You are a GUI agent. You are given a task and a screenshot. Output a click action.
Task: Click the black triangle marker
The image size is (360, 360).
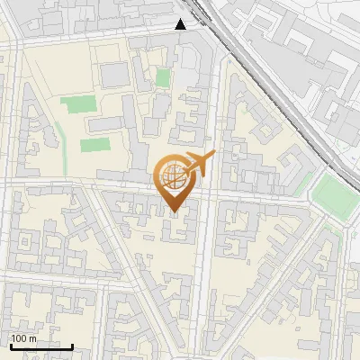tap(181, 24)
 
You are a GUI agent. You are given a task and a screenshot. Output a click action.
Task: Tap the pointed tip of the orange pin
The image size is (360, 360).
tap(175, 212)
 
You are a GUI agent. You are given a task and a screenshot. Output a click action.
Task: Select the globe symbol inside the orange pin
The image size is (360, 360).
tap(174, 177)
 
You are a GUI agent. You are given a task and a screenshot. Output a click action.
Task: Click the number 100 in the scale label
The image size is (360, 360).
tap(19, 338)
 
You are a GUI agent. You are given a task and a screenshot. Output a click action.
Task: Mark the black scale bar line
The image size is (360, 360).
tap(40, 346)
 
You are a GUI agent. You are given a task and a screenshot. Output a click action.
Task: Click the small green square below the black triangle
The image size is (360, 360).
tap(162, 78)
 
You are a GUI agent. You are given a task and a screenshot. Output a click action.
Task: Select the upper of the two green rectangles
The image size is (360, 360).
tap(76, 104)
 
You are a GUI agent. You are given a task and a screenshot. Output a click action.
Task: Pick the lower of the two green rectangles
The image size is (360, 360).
tap(94, 144)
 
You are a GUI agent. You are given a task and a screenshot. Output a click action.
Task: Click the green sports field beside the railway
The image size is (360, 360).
tap(333, 193)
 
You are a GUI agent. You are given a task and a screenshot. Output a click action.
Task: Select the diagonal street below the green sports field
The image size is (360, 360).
tap(297, 270)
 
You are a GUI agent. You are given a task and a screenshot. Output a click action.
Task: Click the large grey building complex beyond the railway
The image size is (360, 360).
tap(306, 45)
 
